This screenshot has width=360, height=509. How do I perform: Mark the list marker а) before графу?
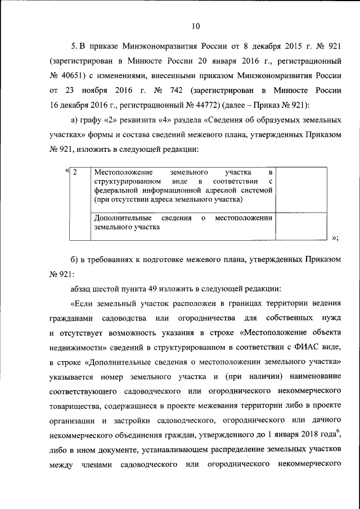click(x=76, y=120)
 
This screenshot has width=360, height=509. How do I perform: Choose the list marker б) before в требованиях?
click(x=76, y=258)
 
